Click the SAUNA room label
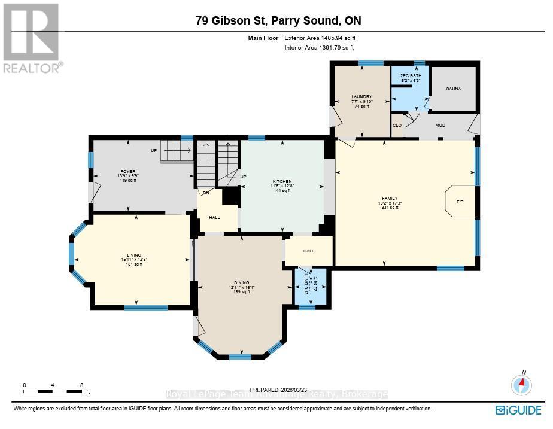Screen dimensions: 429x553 [x=453, y=88]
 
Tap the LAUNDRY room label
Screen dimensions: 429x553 [x=362, y=96]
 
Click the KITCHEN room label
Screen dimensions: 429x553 [x=282, y=181]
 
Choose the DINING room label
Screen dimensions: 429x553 [x=241, y=282]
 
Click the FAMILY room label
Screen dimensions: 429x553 [x=390, y=198]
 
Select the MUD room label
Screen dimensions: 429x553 [x=440, y=126]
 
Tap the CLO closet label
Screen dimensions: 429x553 [x=397, y=125]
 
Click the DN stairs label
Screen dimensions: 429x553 [x=206, y=192]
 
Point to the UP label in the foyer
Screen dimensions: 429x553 [x=154, y=150]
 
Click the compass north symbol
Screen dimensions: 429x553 [x=521, y=383]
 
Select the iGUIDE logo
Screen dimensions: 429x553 [x=518, y=410]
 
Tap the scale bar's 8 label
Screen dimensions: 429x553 [x=81, y=385]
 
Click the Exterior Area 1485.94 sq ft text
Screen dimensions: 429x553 [x=324, y=38]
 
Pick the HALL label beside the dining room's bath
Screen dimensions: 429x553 [x=308, y=251]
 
